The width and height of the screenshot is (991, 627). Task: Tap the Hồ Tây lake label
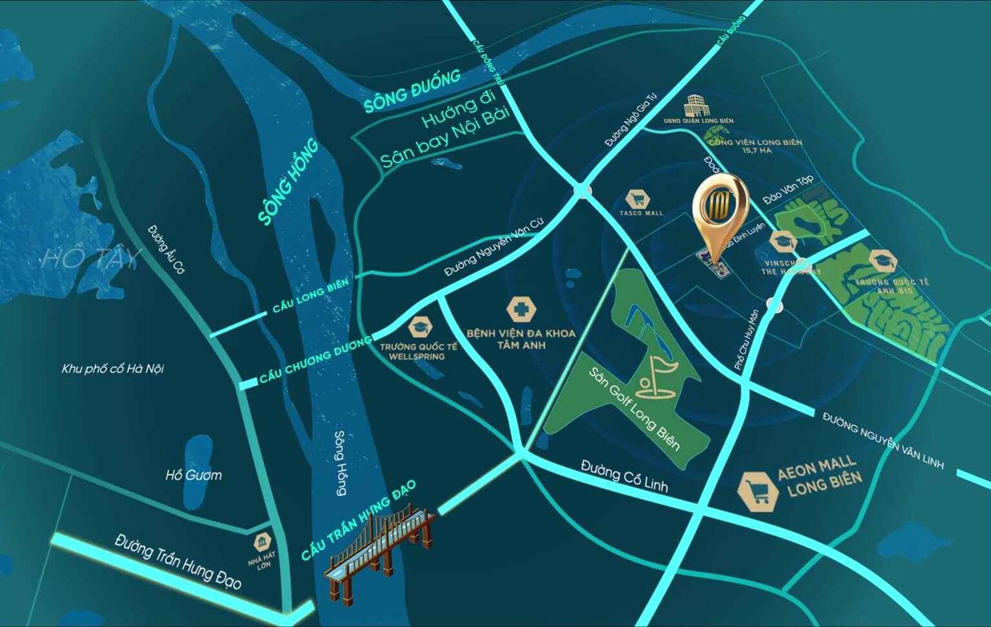(91, 259)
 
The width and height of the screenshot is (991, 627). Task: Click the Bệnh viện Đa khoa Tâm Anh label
(521, 339)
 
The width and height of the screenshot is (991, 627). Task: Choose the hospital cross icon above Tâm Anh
(521, 310)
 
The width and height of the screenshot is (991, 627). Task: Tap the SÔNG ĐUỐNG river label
(412, 92)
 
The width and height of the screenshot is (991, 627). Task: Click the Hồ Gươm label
(194, 475)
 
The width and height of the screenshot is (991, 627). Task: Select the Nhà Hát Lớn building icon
(263, 541)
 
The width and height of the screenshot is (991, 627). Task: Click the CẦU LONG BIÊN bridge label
(310, 297)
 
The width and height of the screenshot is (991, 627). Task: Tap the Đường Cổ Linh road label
(624, 477)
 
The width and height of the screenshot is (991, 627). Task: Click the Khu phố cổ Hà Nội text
(113, 369)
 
